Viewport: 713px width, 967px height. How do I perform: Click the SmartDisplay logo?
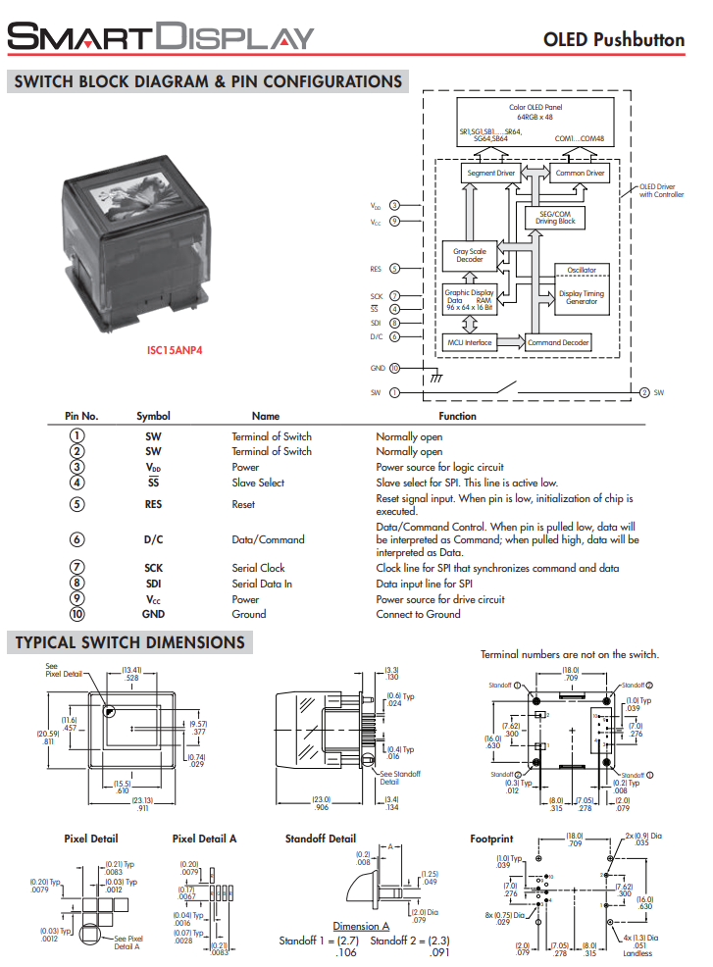click(x=161, y=37)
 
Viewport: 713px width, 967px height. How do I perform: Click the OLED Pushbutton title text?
click(x=614, y=39)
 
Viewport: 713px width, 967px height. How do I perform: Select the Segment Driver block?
click(x=490, y=174)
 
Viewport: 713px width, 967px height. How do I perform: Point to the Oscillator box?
click(x=582, y=270)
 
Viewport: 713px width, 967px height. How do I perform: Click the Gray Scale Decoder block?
click(x=469, y=255)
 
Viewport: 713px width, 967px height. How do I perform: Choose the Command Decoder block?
click(x=558, y=342)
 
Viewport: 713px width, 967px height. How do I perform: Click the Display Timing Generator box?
click(x=582, y=297)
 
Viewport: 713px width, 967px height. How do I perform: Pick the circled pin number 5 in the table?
click(x=76, y=504)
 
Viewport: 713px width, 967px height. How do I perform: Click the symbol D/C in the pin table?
click(x=154, y=539)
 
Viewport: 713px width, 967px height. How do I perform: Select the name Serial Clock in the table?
click(x=258, y=568)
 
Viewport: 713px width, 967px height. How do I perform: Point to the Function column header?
click(x=457, y=416)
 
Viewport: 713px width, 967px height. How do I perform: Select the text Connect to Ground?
click(x=418, y=614)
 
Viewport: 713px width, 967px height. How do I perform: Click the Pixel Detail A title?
click(x=204, y=839)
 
